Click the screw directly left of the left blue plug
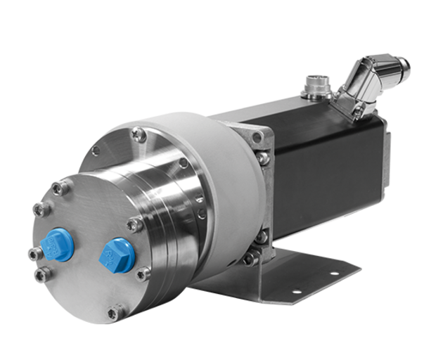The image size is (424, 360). [32, 252]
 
